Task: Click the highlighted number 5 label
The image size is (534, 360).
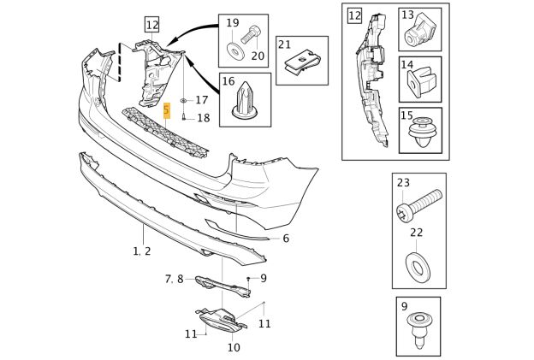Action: tap(167, 109)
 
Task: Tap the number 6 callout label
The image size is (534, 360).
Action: tap(286, 239)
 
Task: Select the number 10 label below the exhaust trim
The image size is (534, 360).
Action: tap(234, 347)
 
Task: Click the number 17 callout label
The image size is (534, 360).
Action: tap(202, 100)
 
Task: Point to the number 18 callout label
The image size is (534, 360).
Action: tap(203, 118)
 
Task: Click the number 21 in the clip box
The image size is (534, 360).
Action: tap(285, 44)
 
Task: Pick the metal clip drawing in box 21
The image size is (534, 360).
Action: tap(301, 62)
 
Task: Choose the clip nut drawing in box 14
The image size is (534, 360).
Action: tap(419, 82)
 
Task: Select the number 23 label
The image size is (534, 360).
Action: tap(403, 182)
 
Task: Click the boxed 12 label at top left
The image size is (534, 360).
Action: tap(151, 25)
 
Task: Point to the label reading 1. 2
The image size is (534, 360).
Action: tap(142, 251)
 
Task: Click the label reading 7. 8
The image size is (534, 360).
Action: tap(174, 279)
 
